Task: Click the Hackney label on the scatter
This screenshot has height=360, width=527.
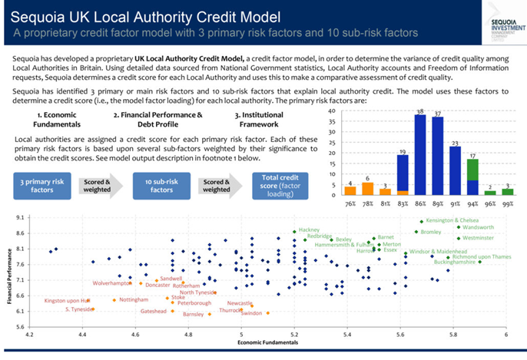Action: click(309, 230)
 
